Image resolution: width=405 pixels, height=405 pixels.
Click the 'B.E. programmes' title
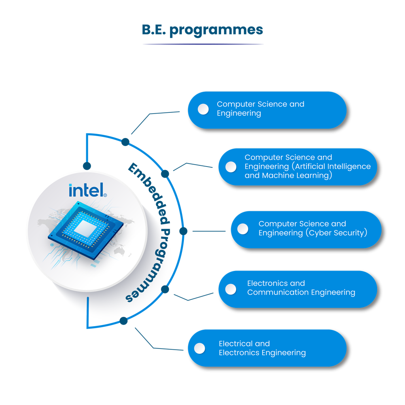[202, 30]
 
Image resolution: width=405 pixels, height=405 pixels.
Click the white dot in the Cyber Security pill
[242, 229]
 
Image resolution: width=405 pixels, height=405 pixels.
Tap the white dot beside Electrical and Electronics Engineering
[200, 348]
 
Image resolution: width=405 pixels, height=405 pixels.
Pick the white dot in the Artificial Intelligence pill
[231, 167]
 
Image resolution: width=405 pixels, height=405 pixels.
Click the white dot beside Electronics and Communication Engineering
[231, 289]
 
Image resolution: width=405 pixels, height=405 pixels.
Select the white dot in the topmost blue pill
[203, 109]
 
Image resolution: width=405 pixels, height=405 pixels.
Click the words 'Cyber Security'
[337, 233]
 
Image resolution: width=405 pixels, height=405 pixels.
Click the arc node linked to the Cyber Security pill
[183, 231]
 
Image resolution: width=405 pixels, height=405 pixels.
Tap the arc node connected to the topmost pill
[125, 142]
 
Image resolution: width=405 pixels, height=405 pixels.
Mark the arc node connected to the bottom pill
[124, 320]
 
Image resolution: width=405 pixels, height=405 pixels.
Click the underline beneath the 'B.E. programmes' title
[202, 44]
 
